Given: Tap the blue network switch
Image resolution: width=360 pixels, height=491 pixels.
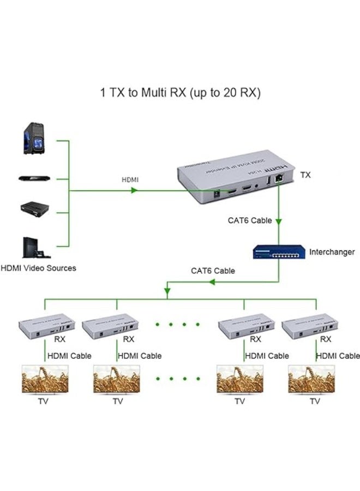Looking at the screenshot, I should coord(278,252).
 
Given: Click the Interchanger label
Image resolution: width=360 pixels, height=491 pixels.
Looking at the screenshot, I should coord(332,252).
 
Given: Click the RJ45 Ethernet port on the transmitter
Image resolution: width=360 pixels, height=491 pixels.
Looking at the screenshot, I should coord(279,177).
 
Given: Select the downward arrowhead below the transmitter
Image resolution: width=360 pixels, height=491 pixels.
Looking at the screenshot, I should coord(279,221).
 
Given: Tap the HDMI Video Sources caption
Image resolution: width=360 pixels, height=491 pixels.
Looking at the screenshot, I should coord(38,268).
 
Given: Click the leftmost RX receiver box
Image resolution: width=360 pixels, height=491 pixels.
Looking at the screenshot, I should coord(47,326).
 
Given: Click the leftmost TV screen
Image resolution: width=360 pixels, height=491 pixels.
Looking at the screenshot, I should coord(44,379).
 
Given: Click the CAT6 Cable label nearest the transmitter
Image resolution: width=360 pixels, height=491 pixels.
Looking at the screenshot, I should coord(250,221).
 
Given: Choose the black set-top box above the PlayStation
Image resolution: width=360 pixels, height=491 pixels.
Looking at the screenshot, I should coord(35,208).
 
